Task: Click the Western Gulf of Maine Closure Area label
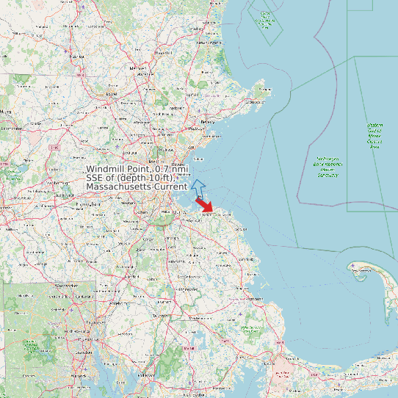click(375, 136)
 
